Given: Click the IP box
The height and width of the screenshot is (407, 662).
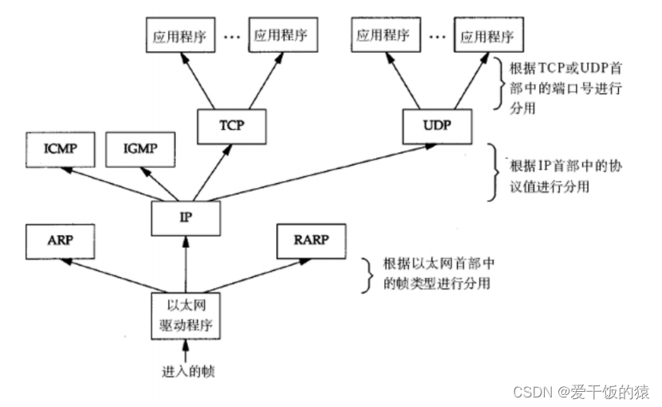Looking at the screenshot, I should pyautogui.click(x=185, y=217).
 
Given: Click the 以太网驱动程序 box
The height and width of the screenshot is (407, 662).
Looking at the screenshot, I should pyautogui.click(x=185, y=315).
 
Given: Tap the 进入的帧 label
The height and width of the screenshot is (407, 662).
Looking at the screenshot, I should pyautogui.click(x=185, y=371).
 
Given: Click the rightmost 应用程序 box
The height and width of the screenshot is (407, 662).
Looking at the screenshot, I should pyautogui.click(x=487, y=36).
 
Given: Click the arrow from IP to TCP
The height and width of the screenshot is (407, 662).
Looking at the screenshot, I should pyautogui.click(x=204, y=172).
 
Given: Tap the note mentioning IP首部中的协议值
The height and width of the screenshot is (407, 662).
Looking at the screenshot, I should pyautogui.click(x=558, y=178).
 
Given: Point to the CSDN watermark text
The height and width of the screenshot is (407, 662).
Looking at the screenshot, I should pyautogui.click(x=581, y=392).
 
